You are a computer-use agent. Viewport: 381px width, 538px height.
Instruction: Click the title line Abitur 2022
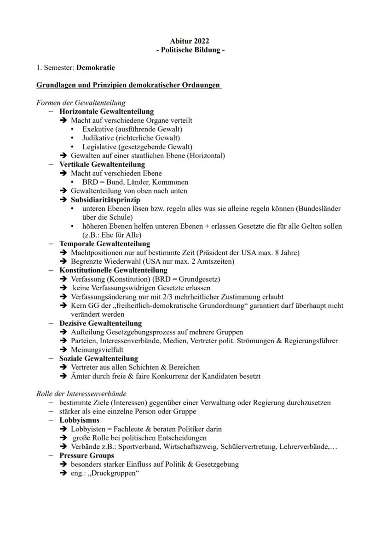coord(190,42)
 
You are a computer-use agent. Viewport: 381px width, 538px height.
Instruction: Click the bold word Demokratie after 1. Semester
coord(96,68)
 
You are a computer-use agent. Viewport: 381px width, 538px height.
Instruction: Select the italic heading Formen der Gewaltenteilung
coord(81,103)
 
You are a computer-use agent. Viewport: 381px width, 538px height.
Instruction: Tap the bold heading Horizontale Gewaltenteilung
coord(106,112)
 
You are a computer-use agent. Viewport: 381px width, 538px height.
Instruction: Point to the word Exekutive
coord(99,129)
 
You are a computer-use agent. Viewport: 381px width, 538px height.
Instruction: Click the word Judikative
coord(99,138)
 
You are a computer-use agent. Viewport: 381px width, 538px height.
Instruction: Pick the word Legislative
coord(100,147)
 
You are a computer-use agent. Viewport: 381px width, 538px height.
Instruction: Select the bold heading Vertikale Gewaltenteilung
coord(102,164)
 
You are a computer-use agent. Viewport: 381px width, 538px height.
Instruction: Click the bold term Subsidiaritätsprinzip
coord(105,200)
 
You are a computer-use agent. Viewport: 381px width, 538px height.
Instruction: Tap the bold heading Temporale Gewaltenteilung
coord(104,244)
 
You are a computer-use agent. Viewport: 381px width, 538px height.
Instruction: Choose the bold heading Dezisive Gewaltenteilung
coord(100,323)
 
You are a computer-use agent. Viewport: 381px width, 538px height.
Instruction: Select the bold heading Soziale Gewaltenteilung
coord(98,359)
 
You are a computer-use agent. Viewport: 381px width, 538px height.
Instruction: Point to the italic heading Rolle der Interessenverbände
coord(81,394)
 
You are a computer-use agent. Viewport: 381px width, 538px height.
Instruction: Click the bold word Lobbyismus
coord(79,420)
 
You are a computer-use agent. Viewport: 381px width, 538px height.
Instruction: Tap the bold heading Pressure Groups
coord(87,456)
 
